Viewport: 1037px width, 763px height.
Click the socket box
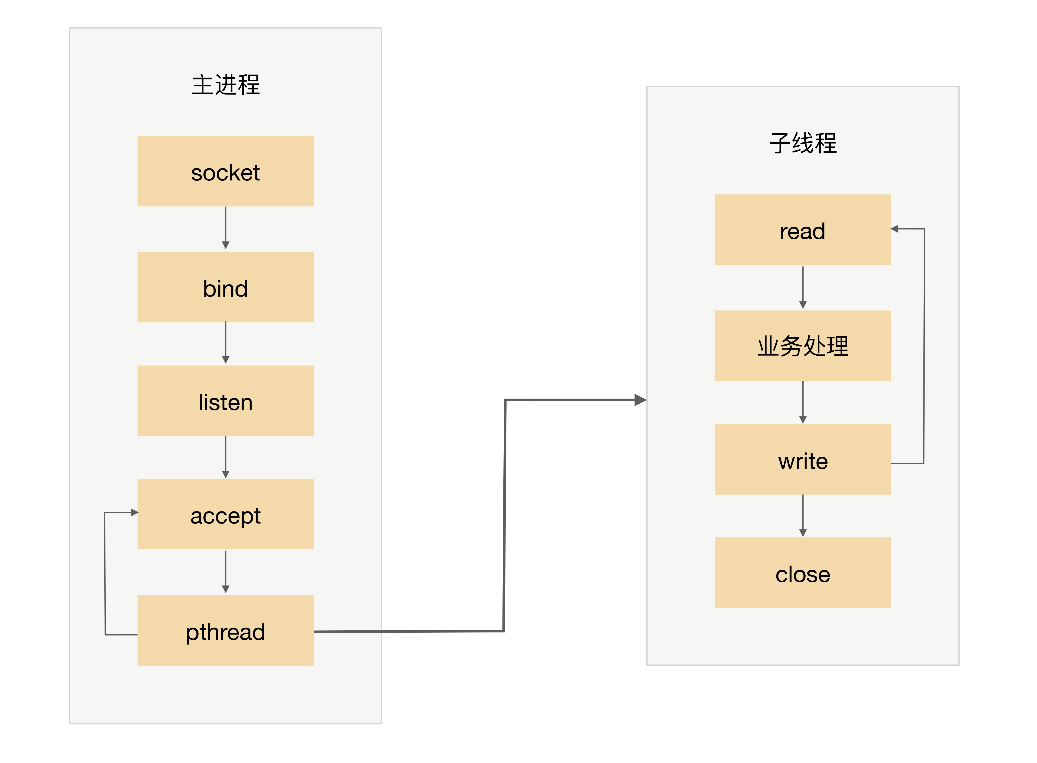[225, 171]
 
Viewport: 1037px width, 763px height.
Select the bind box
[225, 287]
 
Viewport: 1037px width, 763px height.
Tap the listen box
[225, 400]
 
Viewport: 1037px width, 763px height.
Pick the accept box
[225, 514]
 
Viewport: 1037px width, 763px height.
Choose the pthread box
[225, 630]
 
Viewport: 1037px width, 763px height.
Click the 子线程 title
[803, 143]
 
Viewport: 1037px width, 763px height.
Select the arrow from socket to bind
[225, 228]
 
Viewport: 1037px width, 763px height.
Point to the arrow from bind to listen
[225, 343]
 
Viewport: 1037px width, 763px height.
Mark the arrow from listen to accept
[225, 457]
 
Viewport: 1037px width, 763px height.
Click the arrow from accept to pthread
[225, 572]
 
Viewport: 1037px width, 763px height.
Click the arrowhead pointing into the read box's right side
[894, 229]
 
